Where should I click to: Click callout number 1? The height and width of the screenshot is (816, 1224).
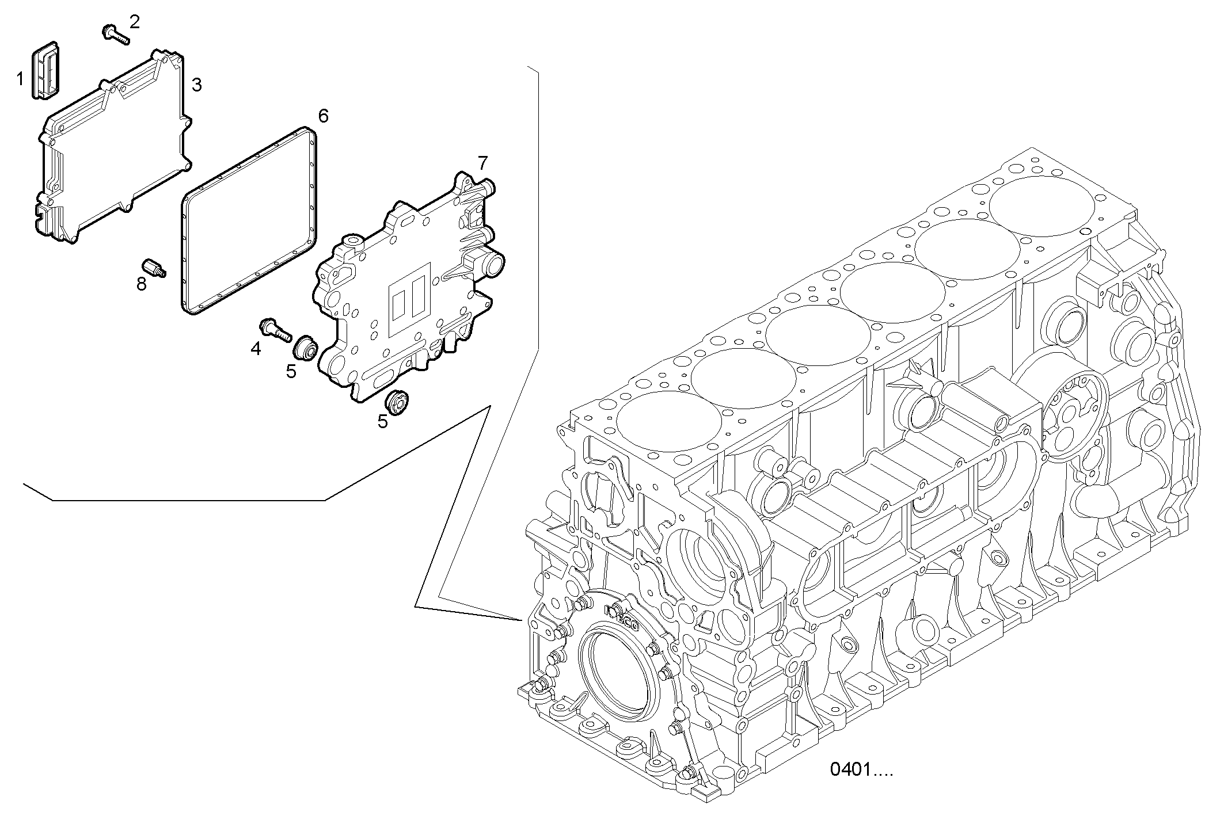point(20,79)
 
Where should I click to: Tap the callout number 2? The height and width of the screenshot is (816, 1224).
point(134,22)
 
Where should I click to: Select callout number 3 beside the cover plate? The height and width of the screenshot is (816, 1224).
point(196,85)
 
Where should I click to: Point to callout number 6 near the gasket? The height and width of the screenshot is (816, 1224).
point(324,116)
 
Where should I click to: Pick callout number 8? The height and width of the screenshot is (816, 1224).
point(142,284)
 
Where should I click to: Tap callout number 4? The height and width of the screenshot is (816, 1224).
point(256,348)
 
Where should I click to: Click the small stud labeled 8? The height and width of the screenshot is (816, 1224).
point(153,268)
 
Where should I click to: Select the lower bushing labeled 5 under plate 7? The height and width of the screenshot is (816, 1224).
point(397,401)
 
